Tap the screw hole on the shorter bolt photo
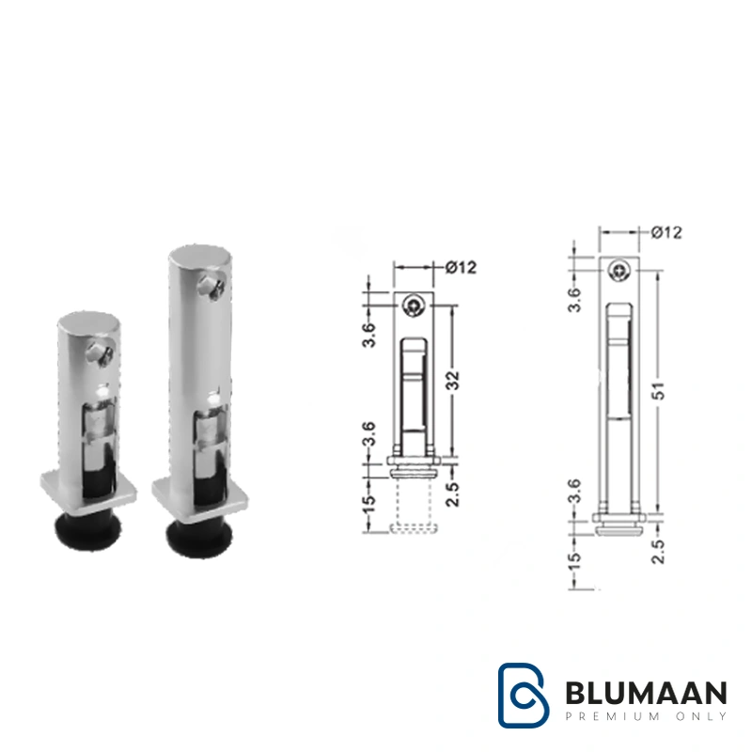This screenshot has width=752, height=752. (100, 354)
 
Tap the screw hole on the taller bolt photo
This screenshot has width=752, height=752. (213, 287)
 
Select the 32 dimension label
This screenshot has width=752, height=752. (453, 381)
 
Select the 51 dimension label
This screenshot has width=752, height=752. (660, 391)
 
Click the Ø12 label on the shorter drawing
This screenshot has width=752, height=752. (461, 267)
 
